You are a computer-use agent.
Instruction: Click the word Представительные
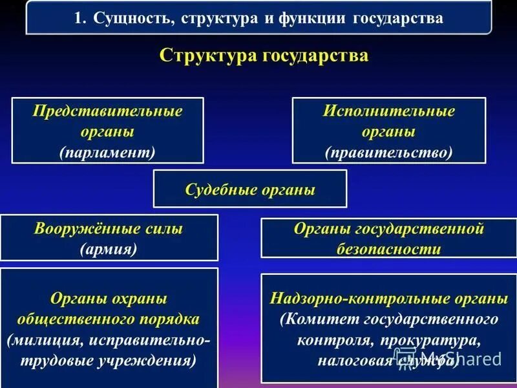[108, 111]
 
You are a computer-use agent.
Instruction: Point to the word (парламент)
[108, 152]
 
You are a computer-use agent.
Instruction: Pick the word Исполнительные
[389, 111]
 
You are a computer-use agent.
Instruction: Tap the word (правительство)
[389, 152]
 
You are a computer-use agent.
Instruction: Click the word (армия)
[109, 250]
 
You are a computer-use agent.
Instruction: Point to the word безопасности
[389, 250]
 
